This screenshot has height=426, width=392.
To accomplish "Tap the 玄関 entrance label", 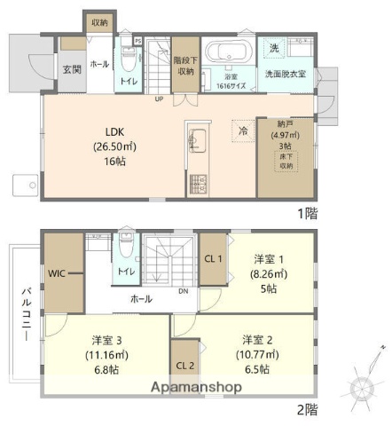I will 72,69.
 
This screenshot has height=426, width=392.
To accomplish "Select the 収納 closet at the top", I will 98,21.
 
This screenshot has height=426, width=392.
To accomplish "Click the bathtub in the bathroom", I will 229,51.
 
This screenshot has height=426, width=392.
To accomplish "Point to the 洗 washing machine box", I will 273,47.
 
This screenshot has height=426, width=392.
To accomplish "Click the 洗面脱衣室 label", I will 286,75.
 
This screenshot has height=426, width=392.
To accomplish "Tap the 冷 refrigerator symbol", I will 242,130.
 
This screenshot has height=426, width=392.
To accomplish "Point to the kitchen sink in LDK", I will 198,141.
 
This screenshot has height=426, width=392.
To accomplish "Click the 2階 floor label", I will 307,409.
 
